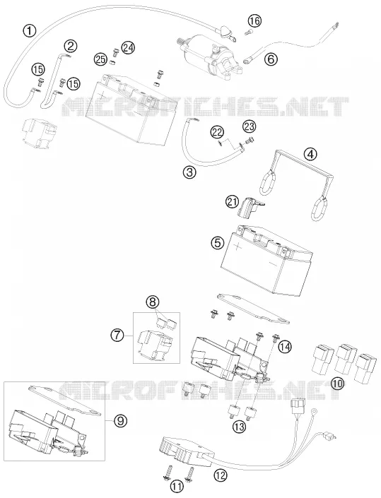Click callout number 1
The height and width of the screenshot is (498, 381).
pos(30,31)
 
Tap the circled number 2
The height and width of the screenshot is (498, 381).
pos(70,47)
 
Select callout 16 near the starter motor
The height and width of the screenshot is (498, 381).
pos(254,21)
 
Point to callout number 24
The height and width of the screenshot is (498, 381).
pos(129,47)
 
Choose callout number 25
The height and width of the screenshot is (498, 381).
pos(100,60)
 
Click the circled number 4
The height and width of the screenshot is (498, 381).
pos(310,154)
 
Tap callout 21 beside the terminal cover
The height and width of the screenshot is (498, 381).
pos(233,201)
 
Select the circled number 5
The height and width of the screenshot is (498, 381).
pos(217,243)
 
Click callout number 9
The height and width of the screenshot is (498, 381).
pos(120,421)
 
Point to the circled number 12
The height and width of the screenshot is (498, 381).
pos(221,475)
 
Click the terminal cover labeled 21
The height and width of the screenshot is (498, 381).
pos(250,207)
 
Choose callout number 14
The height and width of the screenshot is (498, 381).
pos(284,347)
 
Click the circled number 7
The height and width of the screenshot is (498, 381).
pos(117,336)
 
